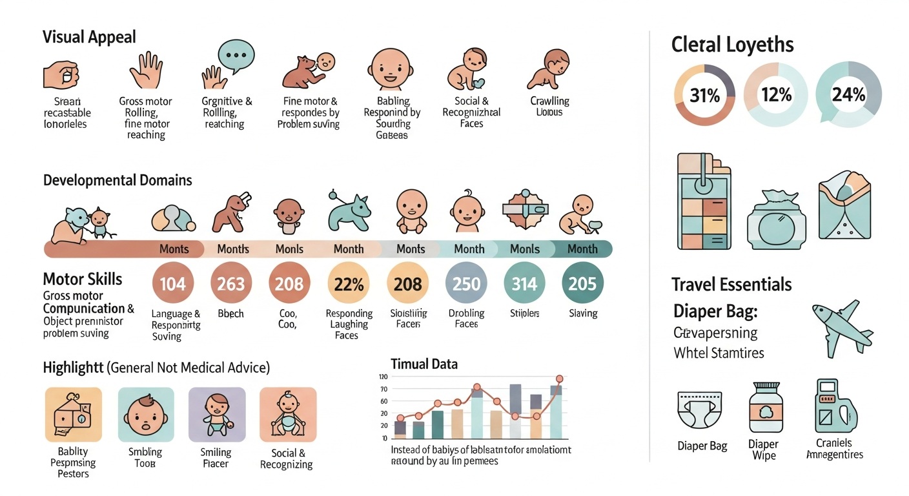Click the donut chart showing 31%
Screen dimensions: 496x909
point(704,96)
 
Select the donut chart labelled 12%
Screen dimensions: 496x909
point(776,96)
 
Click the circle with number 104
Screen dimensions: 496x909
point(172,284)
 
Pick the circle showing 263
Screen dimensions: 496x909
point(231,284)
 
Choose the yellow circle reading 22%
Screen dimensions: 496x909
point(349,284)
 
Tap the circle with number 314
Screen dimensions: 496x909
point(524,284)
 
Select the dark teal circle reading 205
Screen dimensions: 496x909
point(582,284)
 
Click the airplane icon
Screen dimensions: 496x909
point(836,327)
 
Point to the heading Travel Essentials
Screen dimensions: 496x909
point(731,284)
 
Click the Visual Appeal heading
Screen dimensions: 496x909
point(89,37)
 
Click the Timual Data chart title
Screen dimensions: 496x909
point(424,364)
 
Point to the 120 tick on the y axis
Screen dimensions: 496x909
point(383,377)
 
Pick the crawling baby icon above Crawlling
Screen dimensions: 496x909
point(549,68)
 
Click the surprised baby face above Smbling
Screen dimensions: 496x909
point(145,415)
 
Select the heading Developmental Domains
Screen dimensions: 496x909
point(117,180)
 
